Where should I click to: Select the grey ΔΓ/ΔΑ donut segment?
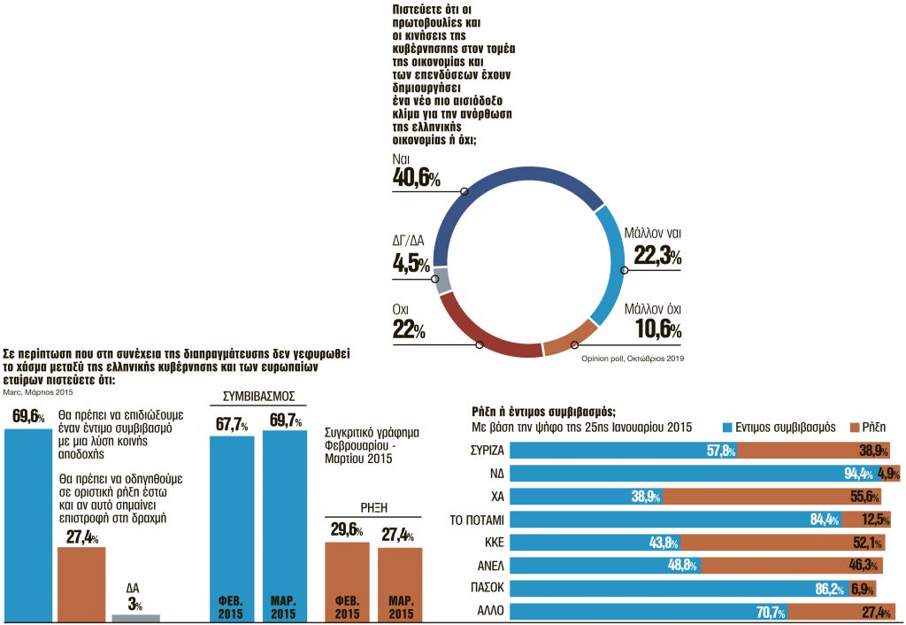coord(443,281)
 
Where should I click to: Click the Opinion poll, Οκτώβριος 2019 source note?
coord(633,359)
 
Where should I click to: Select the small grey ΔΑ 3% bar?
coord(135,617)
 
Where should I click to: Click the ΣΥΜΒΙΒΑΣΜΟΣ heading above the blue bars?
coord(257,395)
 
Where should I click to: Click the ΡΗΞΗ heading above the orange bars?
coord(373,508)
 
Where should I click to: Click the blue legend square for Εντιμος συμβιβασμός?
coord(730,427)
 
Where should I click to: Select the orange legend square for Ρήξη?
coord(856,427)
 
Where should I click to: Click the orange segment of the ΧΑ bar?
coord(779,497)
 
